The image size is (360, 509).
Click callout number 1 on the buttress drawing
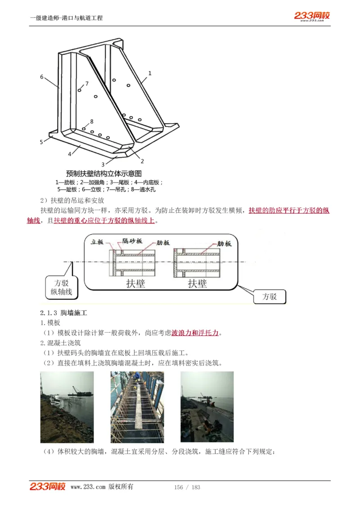click(150, 73)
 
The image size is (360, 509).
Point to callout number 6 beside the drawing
click(42, 77)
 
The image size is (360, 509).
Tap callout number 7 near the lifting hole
click(87, 83)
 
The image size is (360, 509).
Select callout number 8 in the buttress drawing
click(91, 121)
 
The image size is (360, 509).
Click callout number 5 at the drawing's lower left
click(41, 142)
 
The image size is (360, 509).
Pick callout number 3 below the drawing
click(103, 165)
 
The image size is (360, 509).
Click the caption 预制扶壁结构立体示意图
click(104, 173)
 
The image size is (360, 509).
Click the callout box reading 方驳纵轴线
click(61, 288)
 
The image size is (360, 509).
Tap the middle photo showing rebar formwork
click(137, 407)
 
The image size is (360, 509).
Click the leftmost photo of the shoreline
click(67, 407)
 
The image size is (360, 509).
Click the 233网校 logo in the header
click(312, 16)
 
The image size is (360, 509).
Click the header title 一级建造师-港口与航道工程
click(66, 18)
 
